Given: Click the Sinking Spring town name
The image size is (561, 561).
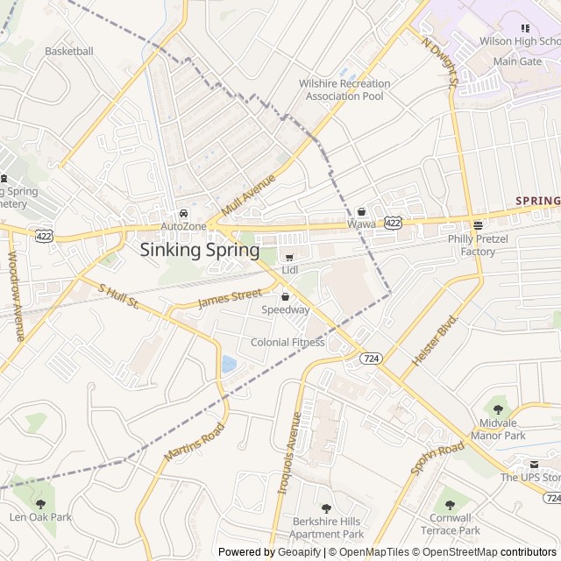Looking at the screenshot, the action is (200, 250).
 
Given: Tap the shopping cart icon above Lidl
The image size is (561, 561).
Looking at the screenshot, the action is (290, 257).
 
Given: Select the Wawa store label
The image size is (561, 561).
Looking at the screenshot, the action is (361, 224).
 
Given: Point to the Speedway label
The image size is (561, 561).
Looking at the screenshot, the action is (286, 309).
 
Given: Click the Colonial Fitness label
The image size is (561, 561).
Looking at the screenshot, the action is (288, 342).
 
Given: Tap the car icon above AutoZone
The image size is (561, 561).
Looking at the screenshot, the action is (183, 213).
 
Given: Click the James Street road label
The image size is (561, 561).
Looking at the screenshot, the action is (230, 299).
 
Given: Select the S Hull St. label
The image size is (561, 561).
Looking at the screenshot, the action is (118, 296).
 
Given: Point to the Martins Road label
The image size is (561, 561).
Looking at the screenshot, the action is (194, 443).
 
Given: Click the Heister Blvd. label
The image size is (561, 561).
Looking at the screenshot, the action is (435, 340).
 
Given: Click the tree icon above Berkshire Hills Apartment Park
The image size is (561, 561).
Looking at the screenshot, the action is (326, 508).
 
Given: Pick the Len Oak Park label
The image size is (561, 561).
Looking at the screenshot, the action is (40, 516).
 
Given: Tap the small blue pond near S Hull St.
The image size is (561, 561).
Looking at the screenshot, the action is (229, 363).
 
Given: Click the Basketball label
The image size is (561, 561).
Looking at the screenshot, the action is (68, 51).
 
